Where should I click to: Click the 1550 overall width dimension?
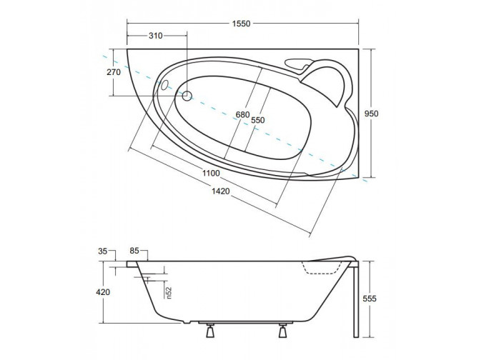[x=241, y=24]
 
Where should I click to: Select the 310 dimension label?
[x=155, y=36]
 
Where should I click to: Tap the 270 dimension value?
[x=114, y=72]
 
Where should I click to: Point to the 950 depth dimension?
[x=372, y=114]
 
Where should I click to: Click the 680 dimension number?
[x=242, y=115]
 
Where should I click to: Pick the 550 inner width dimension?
[x=258, y=120]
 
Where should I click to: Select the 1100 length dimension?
[x=211, y=174]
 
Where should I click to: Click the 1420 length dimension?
[x=221, y=191]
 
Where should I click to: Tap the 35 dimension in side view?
[x=103, y=251]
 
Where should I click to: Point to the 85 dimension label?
[x=134, y=251]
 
